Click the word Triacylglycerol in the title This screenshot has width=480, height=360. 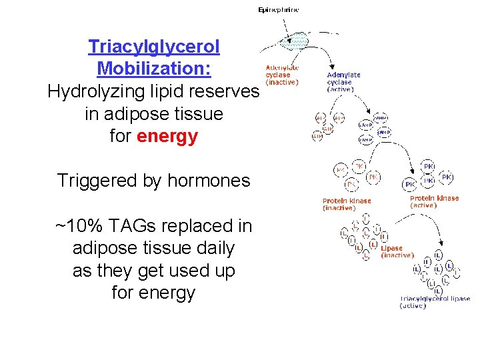154,47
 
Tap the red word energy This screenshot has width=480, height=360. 167,137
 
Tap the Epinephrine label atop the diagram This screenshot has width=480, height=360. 278,10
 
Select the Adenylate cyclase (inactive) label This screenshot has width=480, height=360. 282,75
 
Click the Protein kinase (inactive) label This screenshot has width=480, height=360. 347,204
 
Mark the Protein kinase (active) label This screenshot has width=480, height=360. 434,201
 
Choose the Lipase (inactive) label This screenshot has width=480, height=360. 397,251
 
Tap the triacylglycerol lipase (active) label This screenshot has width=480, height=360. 435,302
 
